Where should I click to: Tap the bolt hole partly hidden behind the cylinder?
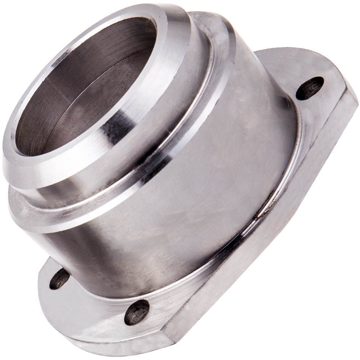(59, 279)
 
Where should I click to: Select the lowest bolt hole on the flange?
(137, 312)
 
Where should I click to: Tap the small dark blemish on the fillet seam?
(256, 217)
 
